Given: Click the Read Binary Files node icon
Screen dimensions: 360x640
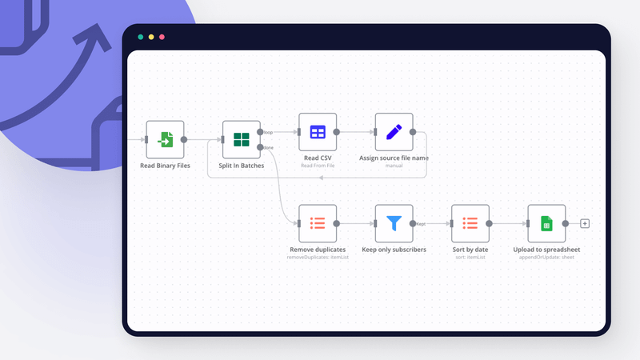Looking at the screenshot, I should [x=165, y=140].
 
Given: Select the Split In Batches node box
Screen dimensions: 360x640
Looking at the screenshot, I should [x=241, y=140].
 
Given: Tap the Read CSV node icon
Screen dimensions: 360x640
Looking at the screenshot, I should [x=318, y=132].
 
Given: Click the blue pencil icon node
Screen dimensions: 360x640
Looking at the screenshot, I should [x=394, y=132].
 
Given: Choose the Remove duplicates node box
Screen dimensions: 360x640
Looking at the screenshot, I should [x=318, y=223].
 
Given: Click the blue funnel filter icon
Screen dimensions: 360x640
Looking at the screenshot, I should [x=394, y=223].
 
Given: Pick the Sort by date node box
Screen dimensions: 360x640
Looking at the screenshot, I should [x=470, y=223].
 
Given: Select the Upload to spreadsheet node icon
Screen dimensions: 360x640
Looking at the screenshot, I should [x=546, y=223].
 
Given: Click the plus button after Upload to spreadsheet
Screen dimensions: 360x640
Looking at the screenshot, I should [x=585, y=223].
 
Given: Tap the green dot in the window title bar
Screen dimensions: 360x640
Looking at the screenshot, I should [x=141, y=37].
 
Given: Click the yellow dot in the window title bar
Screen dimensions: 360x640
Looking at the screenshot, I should [x=151, y=37].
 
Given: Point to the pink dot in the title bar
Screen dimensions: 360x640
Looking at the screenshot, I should [x=162, y=37].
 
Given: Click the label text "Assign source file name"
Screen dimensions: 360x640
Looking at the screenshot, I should [x=394, y=158].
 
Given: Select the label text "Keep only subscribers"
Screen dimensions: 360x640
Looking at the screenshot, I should [x=394, y=250].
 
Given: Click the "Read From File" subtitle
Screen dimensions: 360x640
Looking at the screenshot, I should [x=318, y=166].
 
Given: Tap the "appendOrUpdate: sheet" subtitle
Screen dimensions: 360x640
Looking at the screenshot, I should [x=546, y=257].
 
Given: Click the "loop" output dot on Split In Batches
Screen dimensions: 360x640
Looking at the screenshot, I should [x=261, y=132].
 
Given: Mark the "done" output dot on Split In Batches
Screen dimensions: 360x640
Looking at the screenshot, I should [x=261, y=147].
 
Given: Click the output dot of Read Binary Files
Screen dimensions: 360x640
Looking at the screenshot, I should [x=184, y=140].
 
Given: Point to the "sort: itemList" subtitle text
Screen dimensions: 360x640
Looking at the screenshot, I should [x=470, y=257].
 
